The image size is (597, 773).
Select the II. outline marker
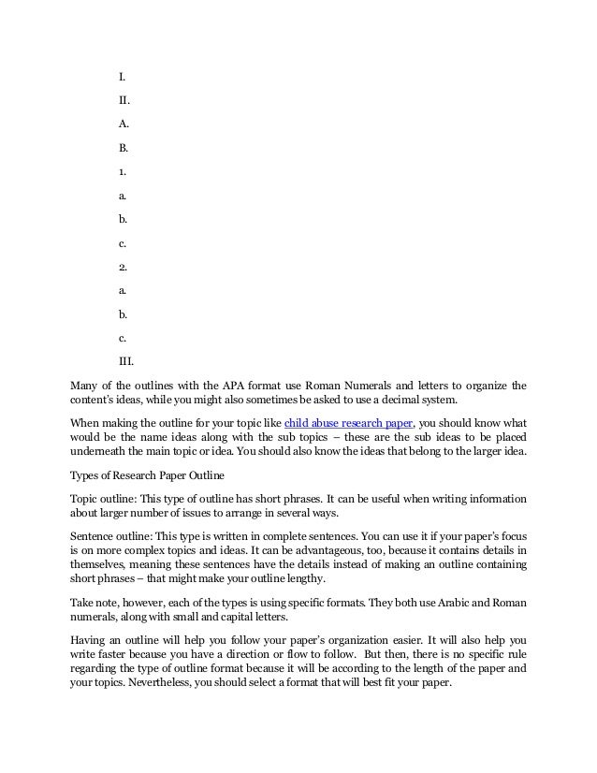[124, 98]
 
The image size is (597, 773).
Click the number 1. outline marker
[122, 171]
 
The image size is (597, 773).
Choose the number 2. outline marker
[122, 267]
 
